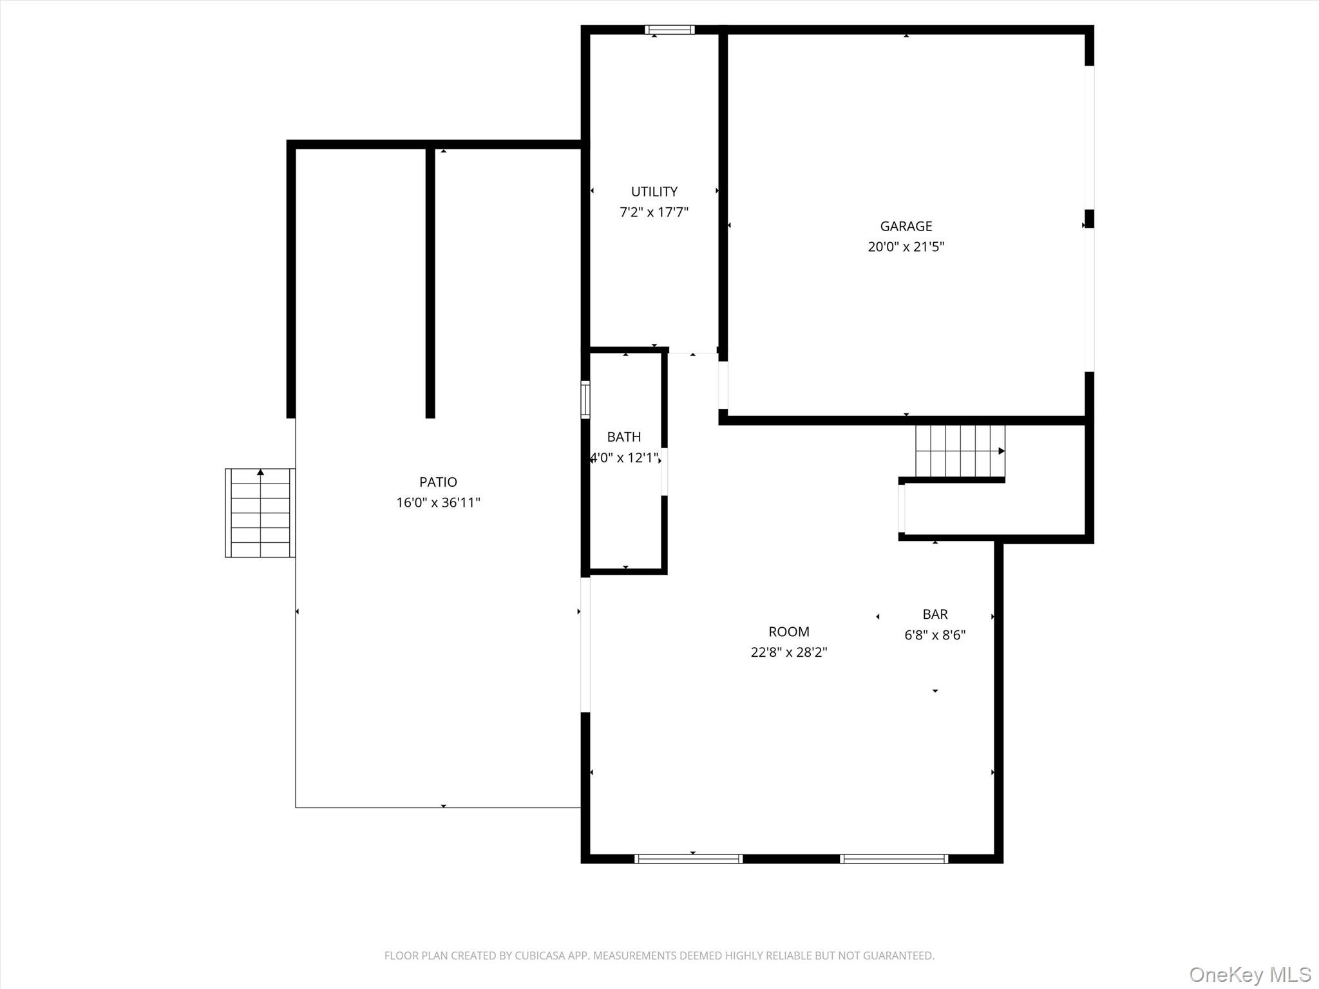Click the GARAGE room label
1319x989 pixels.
point(906,226)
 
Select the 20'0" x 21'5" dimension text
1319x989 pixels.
point(906,247)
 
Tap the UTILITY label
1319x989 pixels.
point(654,191)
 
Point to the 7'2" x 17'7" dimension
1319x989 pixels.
point(654,212)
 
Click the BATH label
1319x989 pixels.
point(623,437)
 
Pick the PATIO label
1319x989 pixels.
point(438,482)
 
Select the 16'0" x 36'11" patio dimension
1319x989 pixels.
point(438,502)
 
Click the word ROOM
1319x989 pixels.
point(788,632)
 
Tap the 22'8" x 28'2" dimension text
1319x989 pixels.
point(788,652)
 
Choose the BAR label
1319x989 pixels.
point(935,614)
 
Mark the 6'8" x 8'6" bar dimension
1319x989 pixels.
point(935,635)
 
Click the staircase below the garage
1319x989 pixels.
point(960,451)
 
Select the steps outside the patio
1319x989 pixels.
point(260,513)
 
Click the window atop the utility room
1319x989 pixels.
point(670,30)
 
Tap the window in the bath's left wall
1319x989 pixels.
point(585,399)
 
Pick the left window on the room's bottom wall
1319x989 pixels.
point(688,858)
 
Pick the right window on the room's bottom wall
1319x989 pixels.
point(894,858)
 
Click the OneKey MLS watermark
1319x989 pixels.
point(1249,974)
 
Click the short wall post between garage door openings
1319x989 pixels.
point(1089,218)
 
